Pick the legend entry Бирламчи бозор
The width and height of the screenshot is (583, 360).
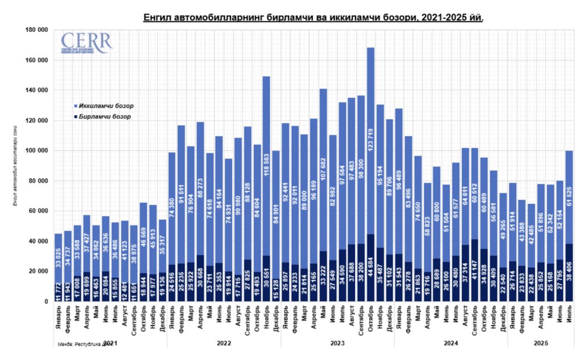(104, 117)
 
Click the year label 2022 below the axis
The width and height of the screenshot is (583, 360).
(223, 344)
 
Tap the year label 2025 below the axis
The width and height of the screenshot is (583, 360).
(541, 344)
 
